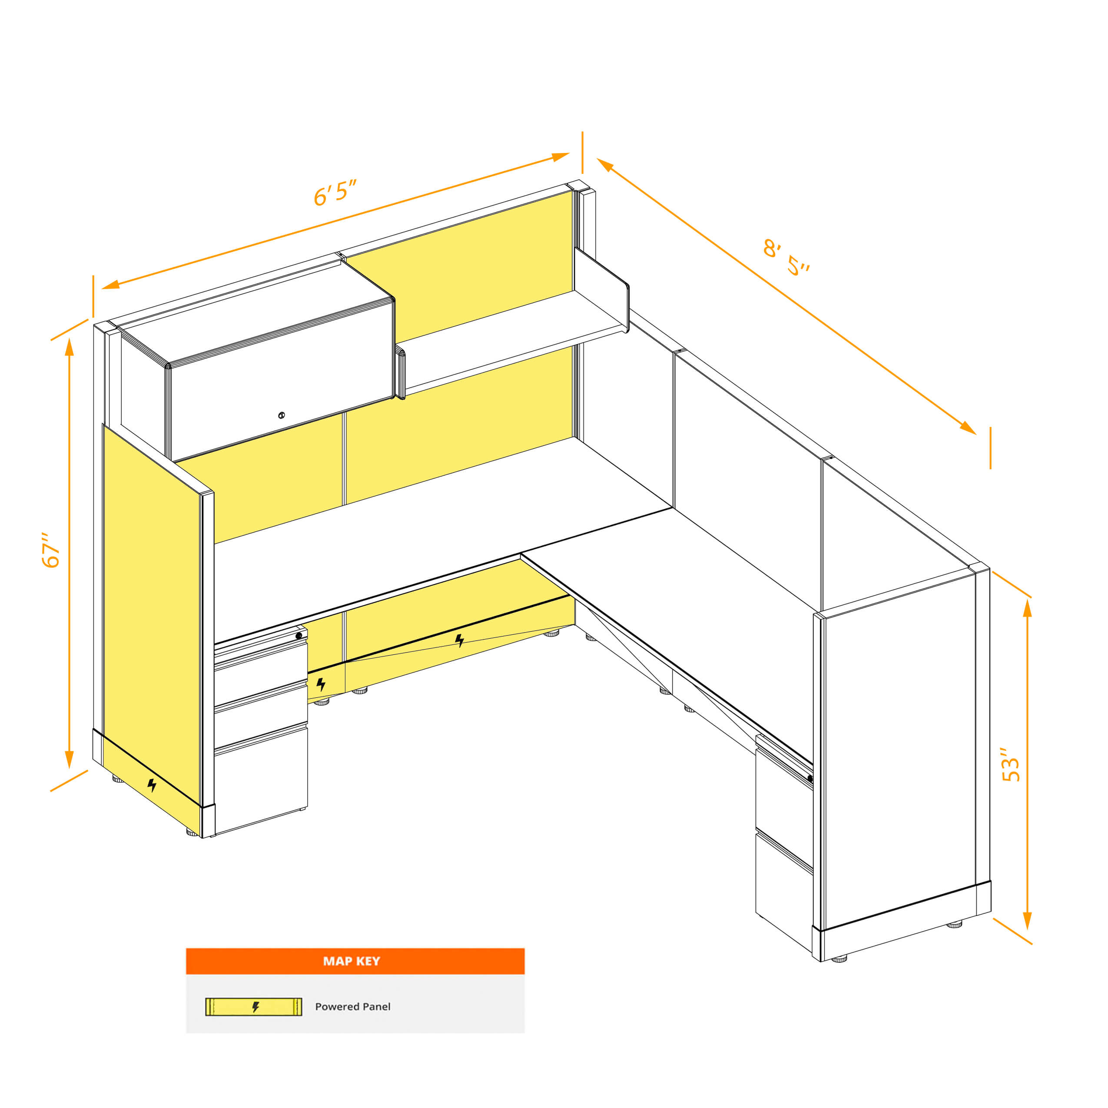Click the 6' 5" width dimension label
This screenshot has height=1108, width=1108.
tap(335, 192)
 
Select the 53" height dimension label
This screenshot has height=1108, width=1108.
tap(1011, 764)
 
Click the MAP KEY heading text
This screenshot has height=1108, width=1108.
tap(352, 961)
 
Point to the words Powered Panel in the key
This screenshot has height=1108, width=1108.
tap(353, 1006)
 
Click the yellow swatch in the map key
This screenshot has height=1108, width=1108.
tap(253, 1006)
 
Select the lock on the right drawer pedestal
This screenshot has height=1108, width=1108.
tap(810, 778)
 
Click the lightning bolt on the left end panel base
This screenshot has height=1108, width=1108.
tap(152, 785)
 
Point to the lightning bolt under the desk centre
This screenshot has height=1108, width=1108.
tap(459, 640)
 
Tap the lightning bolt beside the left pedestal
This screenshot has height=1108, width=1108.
tap(321, 683)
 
